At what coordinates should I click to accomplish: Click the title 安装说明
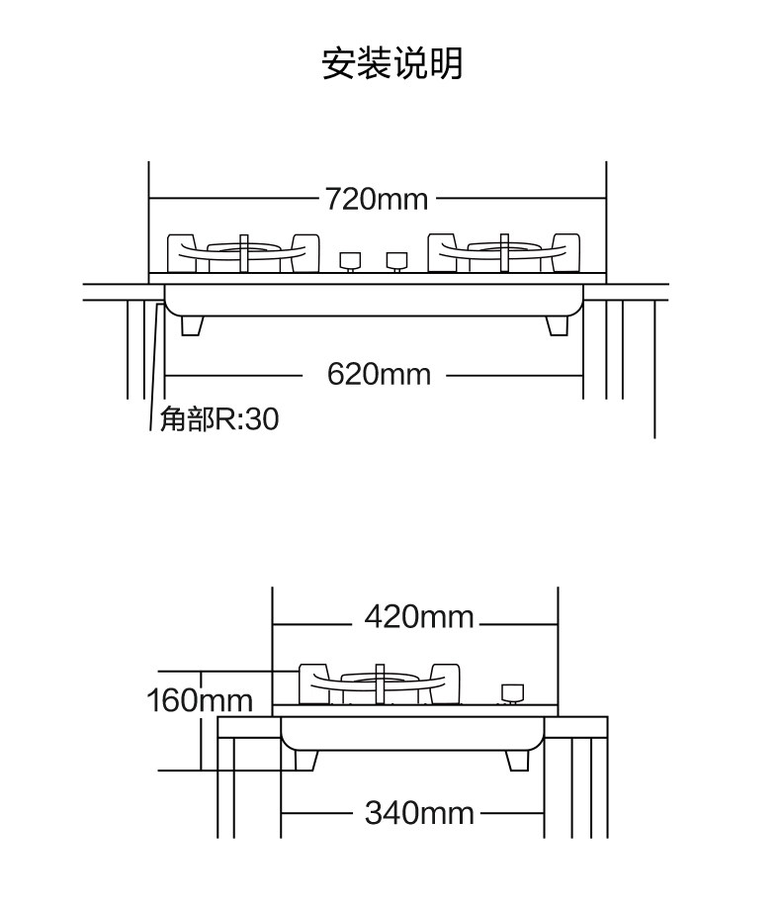391,63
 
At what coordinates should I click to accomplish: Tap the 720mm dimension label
377,199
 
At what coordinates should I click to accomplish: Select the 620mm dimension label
379,375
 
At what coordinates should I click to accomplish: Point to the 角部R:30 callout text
219,420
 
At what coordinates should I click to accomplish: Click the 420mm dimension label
419,617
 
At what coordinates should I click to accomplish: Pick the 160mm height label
200,701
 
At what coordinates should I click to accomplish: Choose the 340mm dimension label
419,813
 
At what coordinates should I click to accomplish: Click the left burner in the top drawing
244,253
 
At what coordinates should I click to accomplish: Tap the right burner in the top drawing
504,253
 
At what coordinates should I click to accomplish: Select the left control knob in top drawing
349,261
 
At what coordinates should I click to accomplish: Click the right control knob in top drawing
396,261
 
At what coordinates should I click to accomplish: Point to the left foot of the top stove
193,325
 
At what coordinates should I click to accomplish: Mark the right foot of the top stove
559,325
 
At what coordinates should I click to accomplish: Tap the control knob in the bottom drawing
511,692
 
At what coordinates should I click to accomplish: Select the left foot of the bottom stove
305,760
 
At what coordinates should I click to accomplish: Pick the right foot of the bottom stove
518,760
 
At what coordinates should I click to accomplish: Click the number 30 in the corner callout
262,420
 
